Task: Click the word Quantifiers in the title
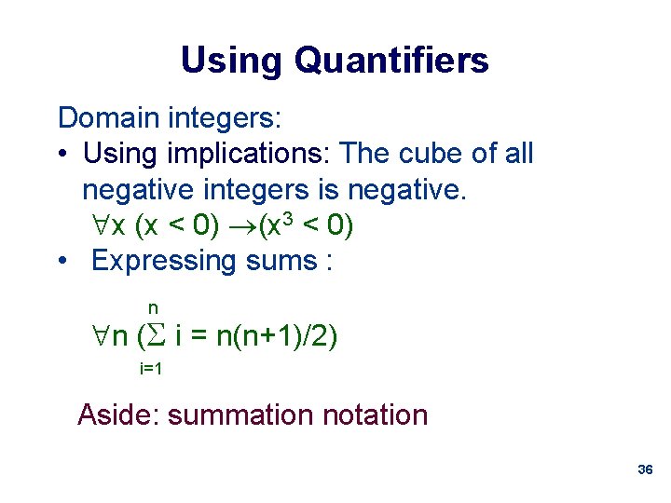pyautogui.click(x=390, y=61)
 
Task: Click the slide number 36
pyautogui.click(x=644, y=470)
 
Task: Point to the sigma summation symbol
pyautogui.click(x=156, y=335)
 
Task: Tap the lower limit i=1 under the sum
pyautogui.click(x=151, y=369)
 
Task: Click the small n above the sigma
pyautogui.click(x=153, y=307)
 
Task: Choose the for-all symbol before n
pyautogui.click(x=95, y=335)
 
